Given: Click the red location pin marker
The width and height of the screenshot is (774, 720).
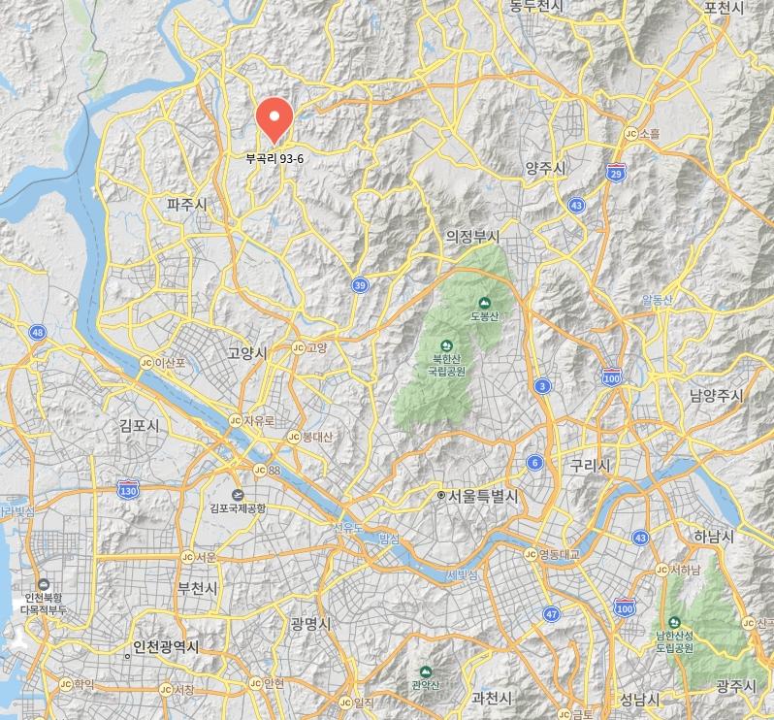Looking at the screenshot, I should (x=274, y=120).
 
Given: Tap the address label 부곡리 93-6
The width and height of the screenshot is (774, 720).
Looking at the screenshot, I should (x=274, y=159).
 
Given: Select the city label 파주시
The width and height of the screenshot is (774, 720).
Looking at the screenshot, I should (x=187, y=205).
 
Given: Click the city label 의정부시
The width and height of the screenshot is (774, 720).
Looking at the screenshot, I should (x=472, y=237).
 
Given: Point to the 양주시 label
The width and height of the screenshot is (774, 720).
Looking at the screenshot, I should (x=545, y=169).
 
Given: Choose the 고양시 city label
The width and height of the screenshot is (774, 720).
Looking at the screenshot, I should (x=246, y=353).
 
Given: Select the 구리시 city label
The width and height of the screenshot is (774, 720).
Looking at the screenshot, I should (x=590, y=466).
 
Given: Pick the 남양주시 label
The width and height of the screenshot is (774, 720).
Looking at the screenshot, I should (x=716, y=395).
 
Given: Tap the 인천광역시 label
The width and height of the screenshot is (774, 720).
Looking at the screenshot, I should (x=166, y=647).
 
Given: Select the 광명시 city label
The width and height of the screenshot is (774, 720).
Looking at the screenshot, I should (x=310, y=624).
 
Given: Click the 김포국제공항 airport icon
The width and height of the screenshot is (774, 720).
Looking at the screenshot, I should (x=238, y=491).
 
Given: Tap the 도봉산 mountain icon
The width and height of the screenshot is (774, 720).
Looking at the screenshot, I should (x=484, y=303).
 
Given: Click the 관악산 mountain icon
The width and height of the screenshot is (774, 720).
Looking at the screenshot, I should (x=425, y=671).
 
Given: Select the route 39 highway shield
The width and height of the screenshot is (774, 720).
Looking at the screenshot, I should (x=360, y=284).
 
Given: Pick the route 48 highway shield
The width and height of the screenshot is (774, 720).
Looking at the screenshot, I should (x=38, y=332).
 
